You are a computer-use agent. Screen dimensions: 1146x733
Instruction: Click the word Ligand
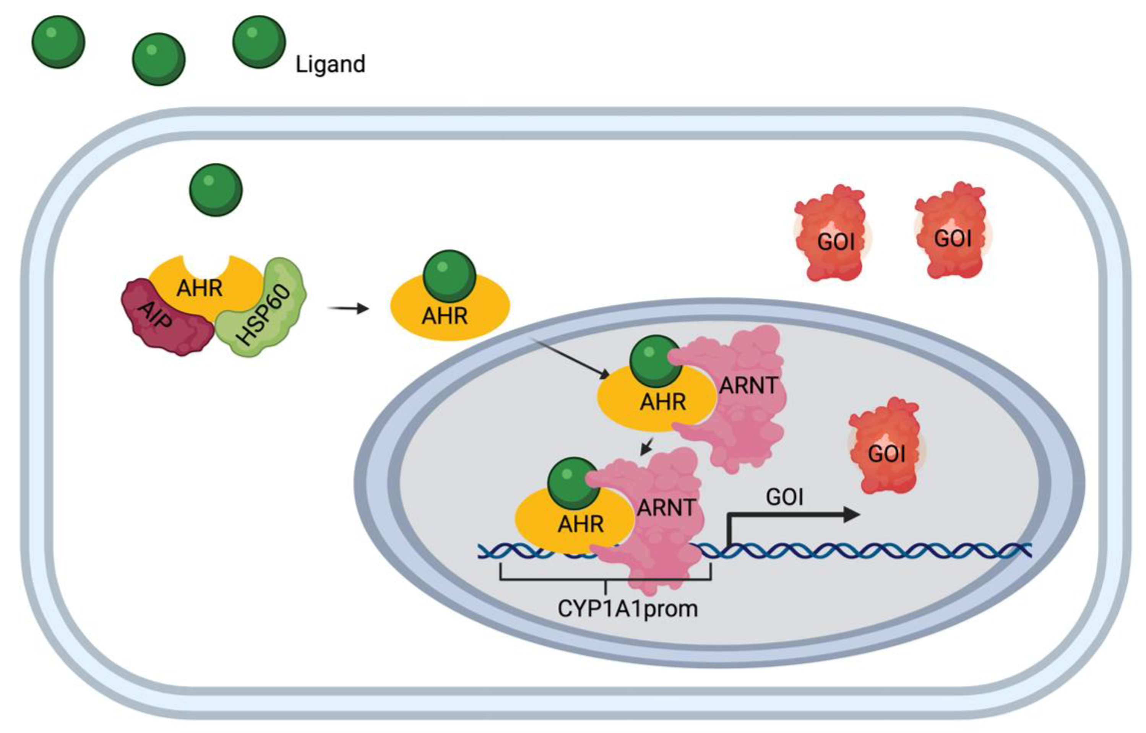click(x=330, y=65)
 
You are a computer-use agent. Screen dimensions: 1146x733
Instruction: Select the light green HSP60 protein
click(x=261, y=307)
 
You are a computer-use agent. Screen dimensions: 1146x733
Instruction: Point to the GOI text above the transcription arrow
click(x=785, y=497)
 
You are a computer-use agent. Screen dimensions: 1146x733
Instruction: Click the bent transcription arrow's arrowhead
click(x=852, y=515)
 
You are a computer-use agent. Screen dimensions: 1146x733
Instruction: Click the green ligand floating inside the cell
click(x=216, y=190)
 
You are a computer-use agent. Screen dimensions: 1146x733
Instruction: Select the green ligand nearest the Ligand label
click(x=259, y=42)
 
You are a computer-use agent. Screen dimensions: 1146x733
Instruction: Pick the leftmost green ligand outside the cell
click(x=58, y=42)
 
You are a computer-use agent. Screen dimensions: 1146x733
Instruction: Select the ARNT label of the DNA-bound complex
click(x=667, y=508)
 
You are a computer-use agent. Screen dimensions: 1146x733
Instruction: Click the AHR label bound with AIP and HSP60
click(x=200, y=288)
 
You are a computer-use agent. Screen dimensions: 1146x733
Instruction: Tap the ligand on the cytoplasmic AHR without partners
click(x=449, y=276)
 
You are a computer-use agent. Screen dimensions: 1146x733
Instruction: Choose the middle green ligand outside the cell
click(x=159, y=59)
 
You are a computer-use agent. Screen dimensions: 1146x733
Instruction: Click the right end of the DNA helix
click(x=1031, y=550)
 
